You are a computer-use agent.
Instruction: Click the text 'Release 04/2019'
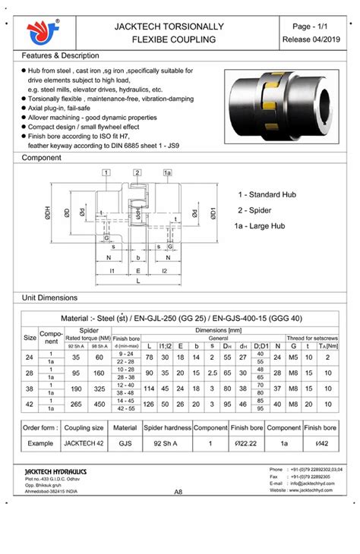tap(311, 39)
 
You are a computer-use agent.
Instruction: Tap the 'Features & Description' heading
tap(60, 56)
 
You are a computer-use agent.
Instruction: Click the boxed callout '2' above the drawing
tap(137, 173)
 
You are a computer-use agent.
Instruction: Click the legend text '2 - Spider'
tap(259, 210)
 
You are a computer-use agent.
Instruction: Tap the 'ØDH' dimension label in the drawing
tap(46, 214)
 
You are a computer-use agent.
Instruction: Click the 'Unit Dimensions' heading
tap(50, 297)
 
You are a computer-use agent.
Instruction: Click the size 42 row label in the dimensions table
tap(30, 404)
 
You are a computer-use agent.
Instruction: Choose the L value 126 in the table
tap(149, 404)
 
